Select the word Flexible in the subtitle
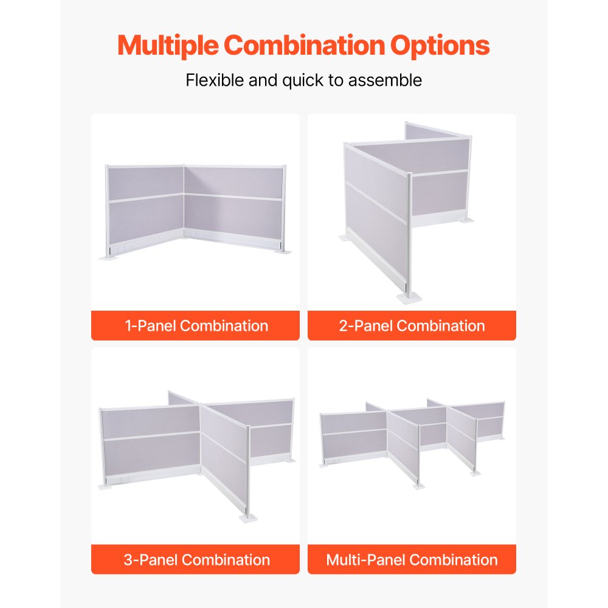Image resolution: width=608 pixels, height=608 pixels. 215,80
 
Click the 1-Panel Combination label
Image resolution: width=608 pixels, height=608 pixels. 196,326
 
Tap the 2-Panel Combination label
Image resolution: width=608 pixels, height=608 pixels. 412,326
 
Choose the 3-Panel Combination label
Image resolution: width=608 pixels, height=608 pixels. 196,559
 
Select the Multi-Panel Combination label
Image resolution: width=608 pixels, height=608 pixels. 412,559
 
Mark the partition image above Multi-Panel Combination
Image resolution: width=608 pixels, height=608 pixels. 412,441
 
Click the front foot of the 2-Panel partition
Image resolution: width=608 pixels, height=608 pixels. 407,297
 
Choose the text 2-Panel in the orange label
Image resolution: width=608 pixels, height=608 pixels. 366,326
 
